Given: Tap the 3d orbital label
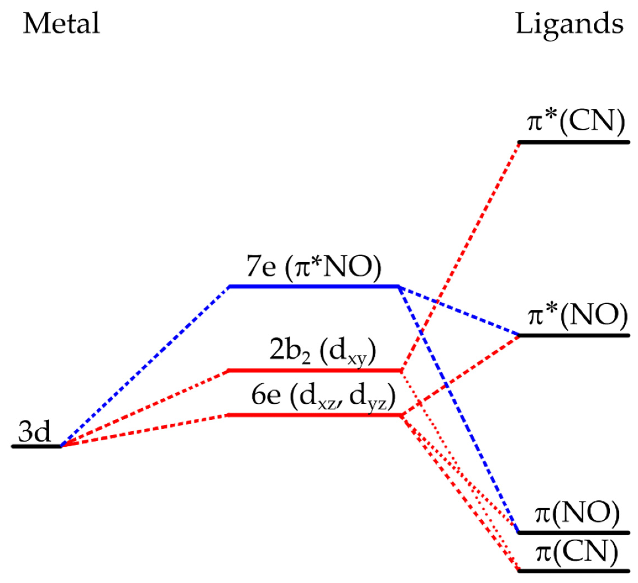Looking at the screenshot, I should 34,432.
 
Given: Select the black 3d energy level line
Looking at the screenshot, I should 36,446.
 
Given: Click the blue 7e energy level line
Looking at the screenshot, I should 313,287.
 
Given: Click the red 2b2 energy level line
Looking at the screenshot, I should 313,370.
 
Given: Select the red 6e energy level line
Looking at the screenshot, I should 313,415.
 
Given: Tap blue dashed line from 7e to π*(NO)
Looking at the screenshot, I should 459,311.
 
